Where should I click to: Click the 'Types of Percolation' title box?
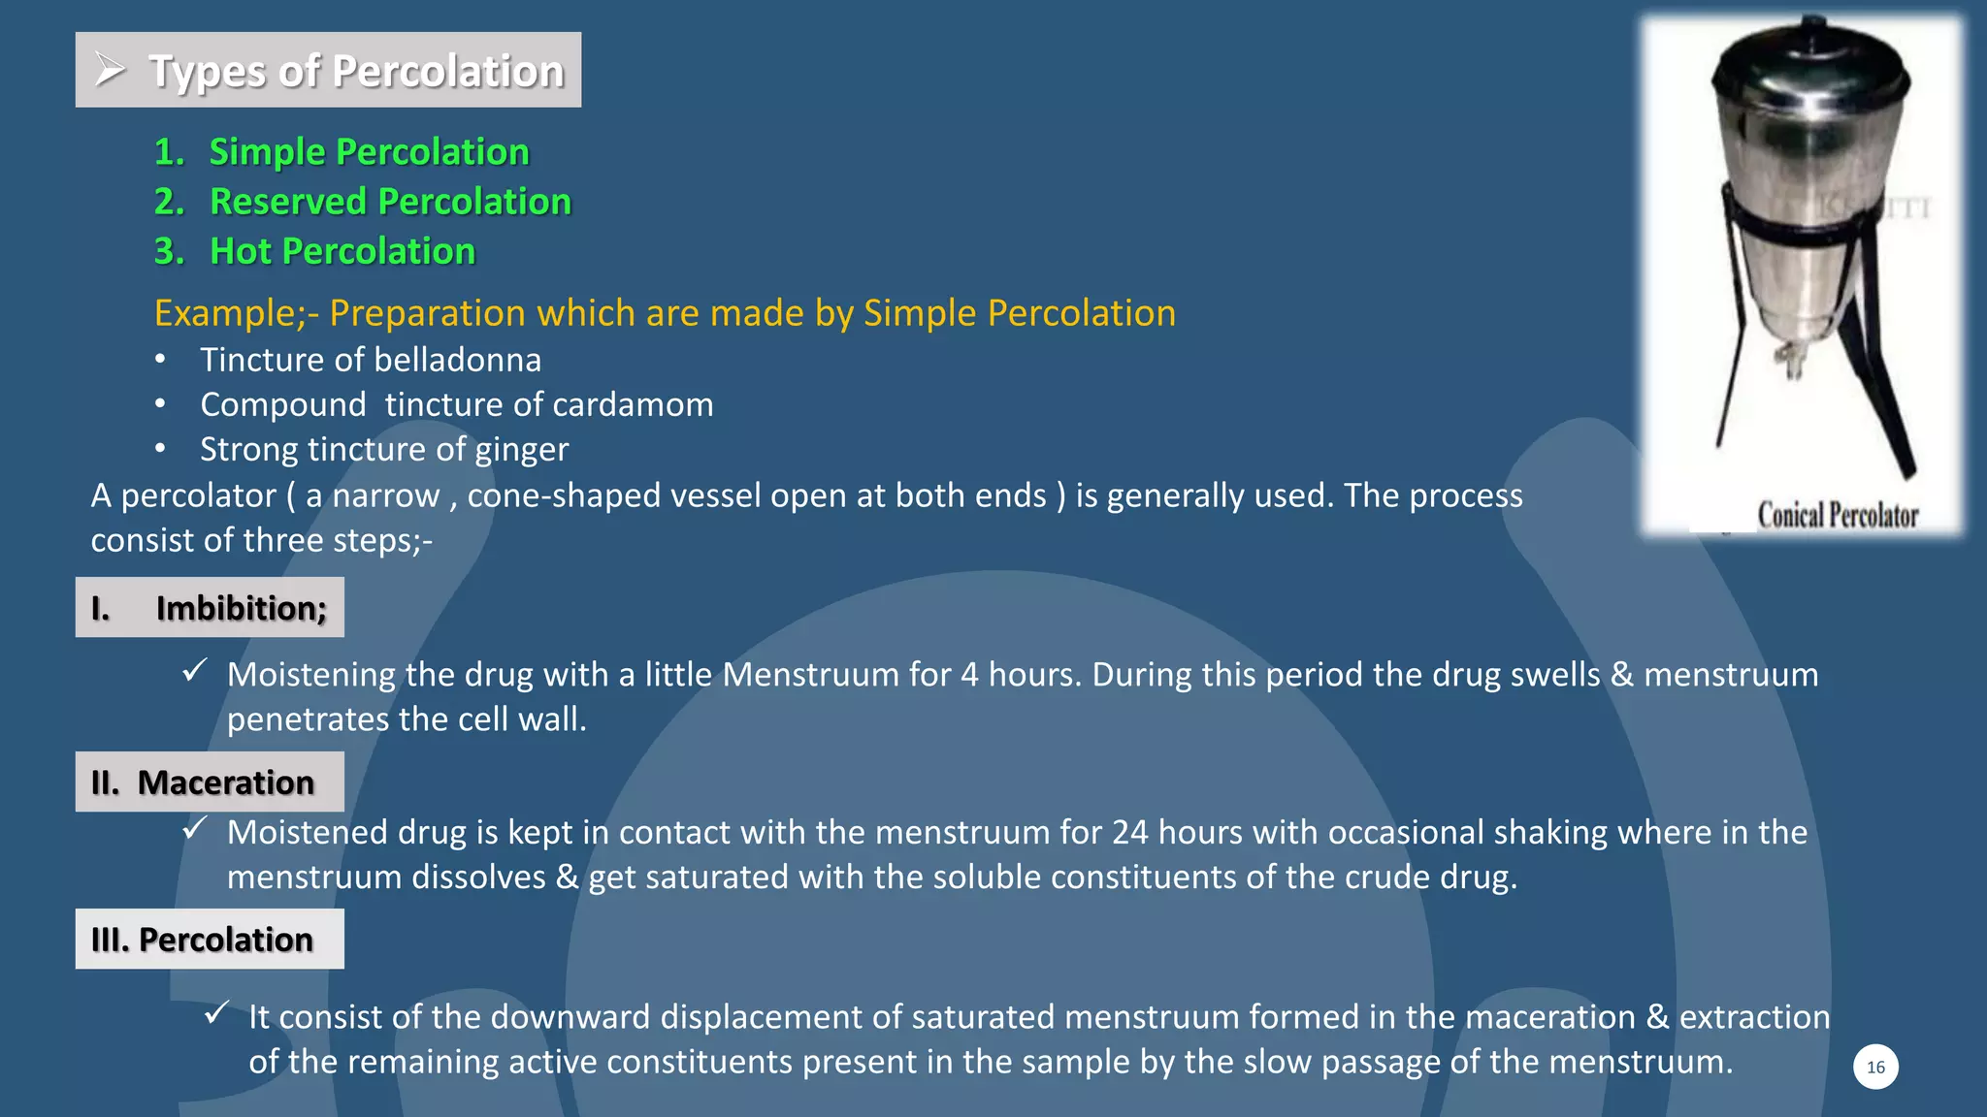pyautogui.click(x=328, y=70)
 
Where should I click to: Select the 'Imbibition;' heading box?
pyautogui.click(x=210, y=608)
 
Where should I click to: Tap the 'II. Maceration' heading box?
pyautogui.click(x=210, y=782)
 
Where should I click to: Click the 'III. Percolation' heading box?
pyautogui.click(x=210, y=940)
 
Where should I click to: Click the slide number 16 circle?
pyautogui.click(x=1875, y=1068)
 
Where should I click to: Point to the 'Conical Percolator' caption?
pyautogui.click(x=1838, y=515)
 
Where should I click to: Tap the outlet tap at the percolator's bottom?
pyautogui.click(x=1793, y=362)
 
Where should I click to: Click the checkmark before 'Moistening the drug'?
pyautogui.click(x=195, y=670)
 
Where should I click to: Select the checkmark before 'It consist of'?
pyautogui.click(x=216, y=1013)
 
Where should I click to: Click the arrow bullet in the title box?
pyautogui.click(x=111, y=70)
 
